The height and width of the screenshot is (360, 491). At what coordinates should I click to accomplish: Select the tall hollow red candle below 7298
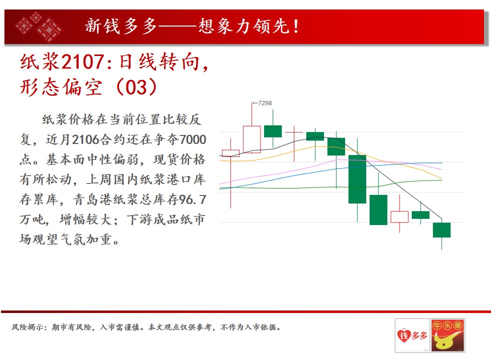click(252, 139)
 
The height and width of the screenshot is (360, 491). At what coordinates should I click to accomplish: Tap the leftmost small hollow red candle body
click(231, 153)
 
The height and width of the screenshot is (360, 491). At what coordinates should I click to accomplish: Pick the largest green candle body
click(357, 179)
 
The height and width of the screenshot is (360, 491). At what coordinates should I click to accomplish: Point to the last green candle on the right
click(442, 230)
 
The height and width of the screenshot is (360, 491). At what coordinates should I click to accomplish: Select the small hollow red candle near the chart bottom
click(399, 217)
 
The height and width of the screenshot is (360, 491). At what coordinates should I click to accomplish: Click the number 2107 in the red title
click(82, 61)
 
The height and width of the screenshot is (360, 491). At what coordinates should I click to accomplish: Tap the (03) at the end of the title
click(136, 86)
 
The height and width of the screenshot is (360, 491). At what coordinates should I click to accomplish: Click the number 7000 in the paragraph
click(193, 139)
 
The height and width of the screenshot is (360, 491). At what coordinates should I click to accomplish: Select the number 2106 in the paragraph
click(85, 139)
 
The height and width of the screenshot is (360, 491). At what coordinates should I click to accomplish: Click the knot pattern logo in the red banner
click(38, 27)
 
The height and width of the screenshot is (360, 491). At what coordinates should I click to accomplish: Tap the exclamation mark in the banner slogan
click(296, 26)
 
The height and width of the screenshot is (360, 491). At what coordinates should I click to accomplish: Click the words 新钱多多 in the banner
click(121, 26)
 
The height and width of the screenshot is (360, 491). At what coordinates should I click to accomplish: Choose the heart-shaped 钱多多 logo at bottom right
click(412, 335)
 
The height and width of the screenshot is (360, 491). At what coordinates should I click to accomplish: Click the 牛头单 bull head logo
click(447, 335)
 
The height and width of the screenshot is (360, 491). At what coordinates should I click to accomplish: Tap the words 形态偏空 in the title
click(61, 87)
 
